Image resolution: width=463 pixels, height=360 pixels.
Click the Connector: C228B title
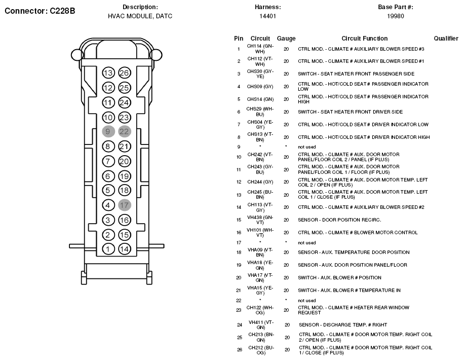click(x=40, y=10)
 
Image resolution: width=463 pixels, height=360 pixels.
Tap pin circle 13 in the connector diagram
click(x=108, y=73)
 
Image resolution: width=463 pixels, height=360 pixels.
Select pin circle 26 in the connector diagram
click(x=124, y=73)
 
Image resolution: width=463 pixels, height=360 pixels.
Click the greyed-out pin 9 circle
click(x=108, y=132)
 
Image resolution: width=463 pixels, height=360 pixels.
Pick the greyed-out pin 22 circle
click(x=124, y=132)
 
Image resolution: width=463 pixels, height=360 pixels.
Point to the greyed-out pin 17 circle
click(x=124, y=205)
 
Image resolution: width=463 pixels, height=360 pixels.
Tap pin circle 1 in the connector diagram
click(x=108, y=249)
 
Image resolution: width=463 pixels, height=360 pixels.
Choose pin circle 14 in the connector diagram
click(x=124, y=249)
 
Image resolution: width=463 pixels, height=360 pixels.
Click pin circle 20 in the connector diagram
click(x=124, y=161)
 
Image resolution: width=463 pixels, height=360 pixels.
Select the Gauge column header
click(x=286, y=39)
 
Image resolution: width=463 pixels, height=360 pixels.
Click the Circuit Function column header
click(x=364, y=39)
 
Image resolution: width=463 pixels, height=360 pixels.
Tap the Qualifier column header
click(x=446, y=39)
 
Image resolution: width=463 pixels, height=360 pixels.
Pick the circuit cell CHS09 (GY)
click(x=260, y=87)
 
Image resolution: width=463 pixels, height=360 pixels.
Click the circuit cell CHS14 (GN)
click(x=260, y=99)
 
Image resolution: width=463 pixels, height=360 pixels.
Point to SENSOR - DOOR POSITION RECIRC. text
click(x=339, y=220)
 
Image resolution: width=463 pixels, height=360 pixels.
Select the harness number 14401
click(x=267, y=16)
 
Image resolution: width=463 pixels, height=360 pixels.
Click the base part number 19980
click(x=396, y=16)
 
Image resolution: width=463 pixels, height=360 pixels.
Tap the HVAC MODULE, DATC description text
click(x=140, y=16)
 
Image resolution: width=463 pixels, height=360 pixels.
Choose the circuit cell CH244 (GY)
click(x=260, y=182)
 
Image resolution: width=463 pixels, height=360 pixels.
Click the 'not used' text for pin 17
click(x=306, y=243)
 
